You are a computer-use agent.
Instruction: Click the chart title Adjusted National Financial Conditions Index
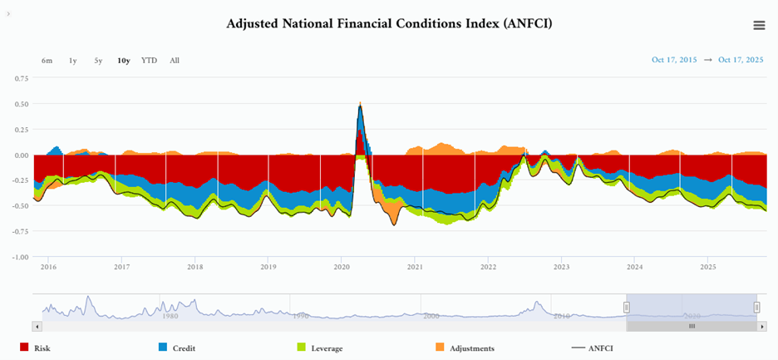pos(389,23)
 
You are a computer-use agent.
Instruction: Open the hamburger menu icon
pos(759,25)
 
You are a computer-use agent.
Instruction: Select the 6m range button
pos(47,61)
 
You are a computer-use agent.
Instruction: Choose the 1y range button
pos(73,61)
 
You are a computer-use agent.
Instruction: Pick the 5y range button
pos(98,61)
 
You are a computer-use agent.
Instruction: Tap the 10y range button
pos(123,61)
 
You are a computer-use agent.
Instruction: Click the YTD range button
pos(149,61)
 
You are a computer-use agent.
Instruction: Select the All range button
pos(175,61)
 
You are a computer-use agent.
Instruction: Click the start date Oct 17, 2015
pos(674,60)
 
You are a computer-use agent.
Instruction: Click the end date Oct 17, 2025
pos(741,60)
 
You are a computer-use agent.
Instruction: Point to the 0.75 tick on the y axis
pos(22,78)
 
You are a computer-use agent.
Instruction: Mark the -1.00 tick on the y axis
pos(21,257)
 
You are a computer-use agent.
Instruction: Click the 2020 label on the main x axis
pos(342,267)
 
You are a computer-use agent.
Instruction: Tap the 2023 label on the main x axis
pos(561,267)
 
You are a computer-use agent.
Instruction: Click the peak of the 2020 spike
pos(361,102)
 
